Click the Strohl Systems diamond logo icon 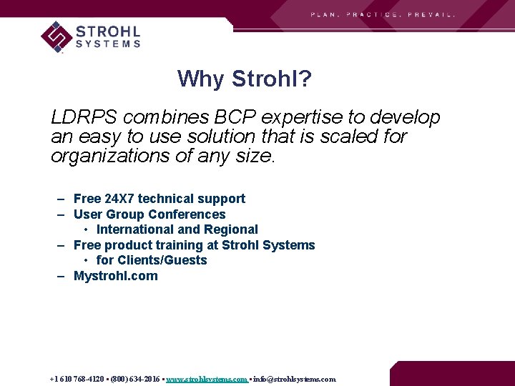56,36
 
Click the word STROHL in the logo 107,31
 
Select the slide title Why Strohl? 245,79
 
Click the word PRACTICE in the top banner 373,14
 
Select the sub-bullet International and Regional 177,229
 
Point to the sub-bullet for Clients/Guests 151,260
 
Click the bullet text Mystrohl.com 115,276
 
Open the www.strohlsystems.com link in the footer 206,380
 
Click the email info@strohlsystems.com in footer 294,380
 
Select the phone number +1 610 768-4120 77,380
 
